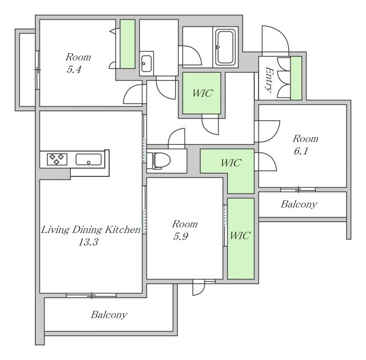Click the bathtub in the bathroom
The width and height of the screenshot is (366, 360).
(x=225, y=47)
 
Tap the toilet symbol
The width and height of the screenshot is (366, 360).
(x=161, y=160)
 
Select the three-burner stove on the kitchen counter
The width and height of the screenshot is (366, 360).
(x=57, y=159)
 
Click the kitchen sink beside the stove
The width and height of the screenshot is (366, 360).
(x=89, y=160)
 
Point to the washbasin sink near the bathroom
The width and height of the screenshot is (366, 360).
(x=146, y=64)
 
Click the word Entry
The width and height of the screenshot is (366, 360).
(x=269, y=80)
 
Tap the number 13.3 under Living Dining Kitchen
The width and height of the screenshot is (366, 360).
(x=88, y=242)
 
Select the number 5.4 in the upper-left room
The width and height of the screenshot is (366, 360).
(x=74, y=70)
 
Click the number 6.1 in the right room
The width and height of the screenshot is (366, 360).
(x=301, y=151)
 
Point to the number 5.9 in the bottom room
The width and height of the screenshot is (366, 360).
(x=181, y=236)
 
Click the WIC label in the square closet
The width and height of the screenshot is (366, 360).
(x=202, y=93)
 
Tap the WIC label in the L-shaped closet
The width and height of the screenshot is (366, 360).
(x=231, y=163)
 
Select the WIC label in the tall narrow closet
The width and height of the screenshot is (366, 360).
(x=240, y=235)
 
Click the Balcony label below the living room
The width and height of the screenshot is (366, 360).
(x=109, y=315)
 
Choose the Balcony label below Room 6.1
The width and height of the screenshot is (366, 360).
(x=299, y=204)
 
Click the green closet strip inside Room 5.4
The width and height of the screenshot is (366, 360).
(x=128, y=44)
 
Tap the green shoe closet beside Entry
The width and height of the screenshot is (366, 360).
(x=296, y=78)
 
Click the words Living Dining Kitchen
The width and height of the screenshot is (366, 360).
(x=91, y=230)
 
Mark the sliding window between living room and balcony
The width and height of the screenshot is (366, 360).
(x=91, y=295)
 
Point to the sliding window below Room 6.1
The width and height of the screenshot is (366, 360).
(x=298, y=189)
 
